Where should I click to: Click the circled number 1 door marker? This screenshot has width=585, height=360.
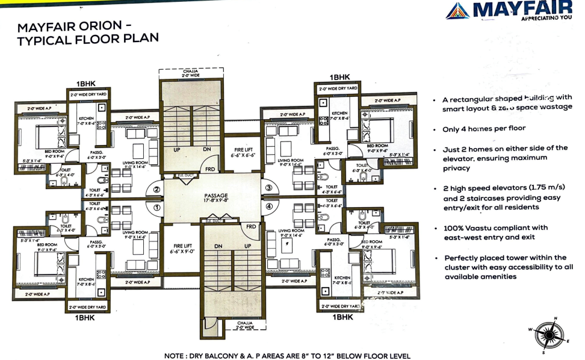tap(156, 208)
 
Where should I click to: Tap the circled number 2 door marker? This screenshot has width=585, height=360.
tap(156, 190)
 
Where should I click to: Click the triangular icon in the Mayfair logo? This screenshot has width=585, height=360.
tap(458, 10)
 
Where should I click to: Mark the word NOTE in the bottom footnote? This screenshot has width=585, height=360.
tap(178, 356)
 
